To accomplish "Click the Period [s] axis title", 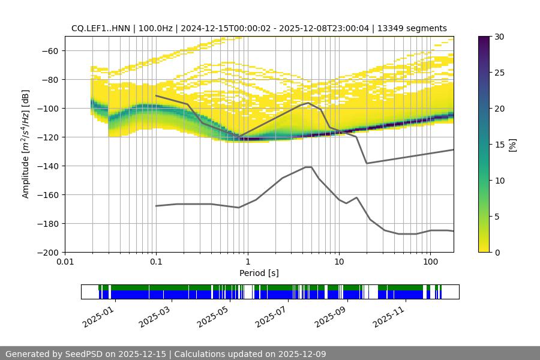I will point(259,273).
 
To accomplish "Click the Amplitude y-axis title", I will point(26,144).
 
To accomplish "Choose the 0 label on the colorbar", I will point(495,252).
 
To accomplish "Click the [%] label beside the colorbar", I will point(512,144).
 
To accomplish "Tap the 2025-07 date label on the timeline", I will point(270,314).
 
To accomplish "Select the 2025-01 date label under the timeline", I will point(97,314).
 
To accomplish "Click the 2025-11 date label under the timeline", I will point(388,314).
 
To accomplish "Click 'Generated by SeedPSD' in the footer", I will point(48,354).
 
